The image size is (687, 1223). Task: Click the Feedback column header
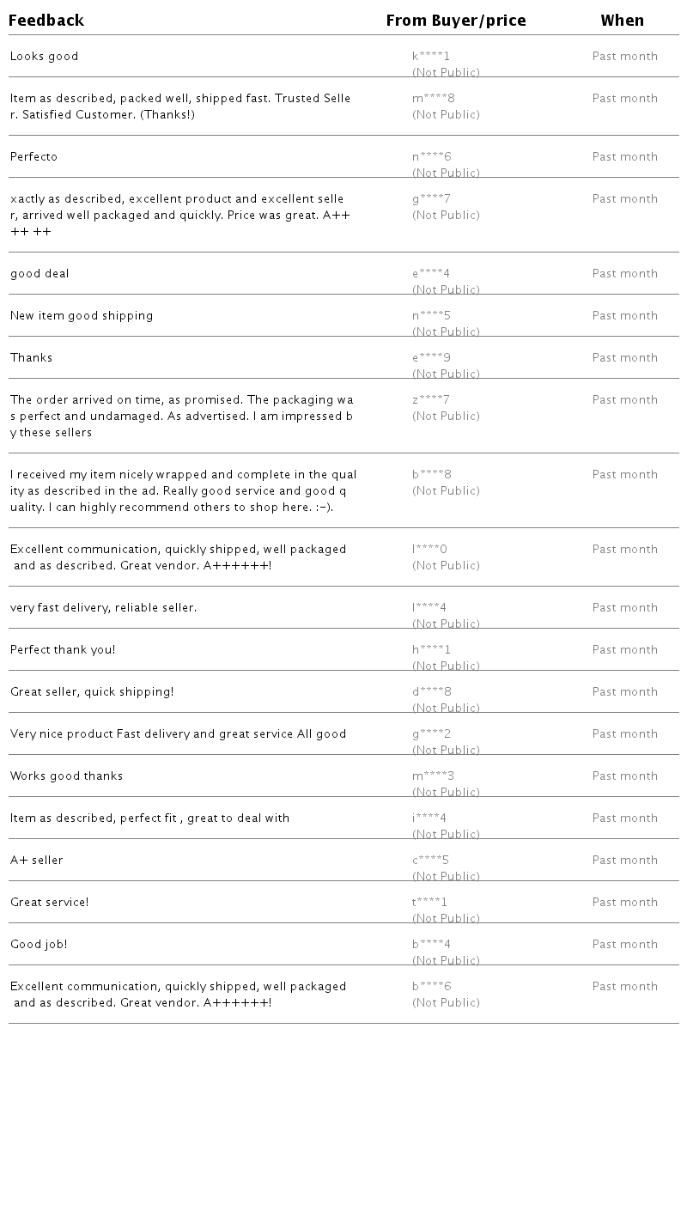(46, 21)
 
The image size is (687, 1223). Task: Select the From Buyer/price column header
(455, 21)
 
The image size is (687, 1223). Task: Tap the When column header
(622, 21)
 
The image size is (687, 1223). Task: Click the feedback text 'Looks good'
(44, 57)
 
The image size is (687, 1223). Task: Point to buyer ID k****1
(431, 57)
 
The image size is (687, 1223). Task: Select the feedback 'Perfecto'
(33, 157)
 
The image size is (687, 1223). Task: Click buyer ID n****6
(431, 157)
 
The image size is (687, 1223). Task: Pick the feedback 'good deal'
(40, 274)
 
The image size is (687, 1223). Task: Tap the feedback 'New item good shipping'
(82, 316)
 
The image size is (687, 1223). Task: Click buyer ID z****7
(431, 400)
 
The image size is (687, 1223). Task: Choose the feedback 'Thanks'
(31, 358)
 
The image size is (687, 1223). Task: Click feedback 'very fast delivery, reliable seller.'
(103, 608)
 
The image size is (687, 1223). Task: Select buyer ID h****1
(431, 650)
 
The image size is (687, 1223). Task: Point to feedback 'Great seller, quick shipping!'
(92, 692)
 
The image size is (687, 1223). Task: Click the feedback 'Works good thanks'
(66, 776)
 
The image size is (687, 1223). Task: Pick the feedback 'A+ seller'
(36, 861)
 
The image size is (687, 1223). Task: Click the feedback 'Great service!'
(49, 903)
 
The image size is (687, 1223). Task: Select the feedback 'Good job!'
(39, 945)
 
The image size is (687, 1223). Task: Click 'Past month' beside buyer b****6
(624, 987)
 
